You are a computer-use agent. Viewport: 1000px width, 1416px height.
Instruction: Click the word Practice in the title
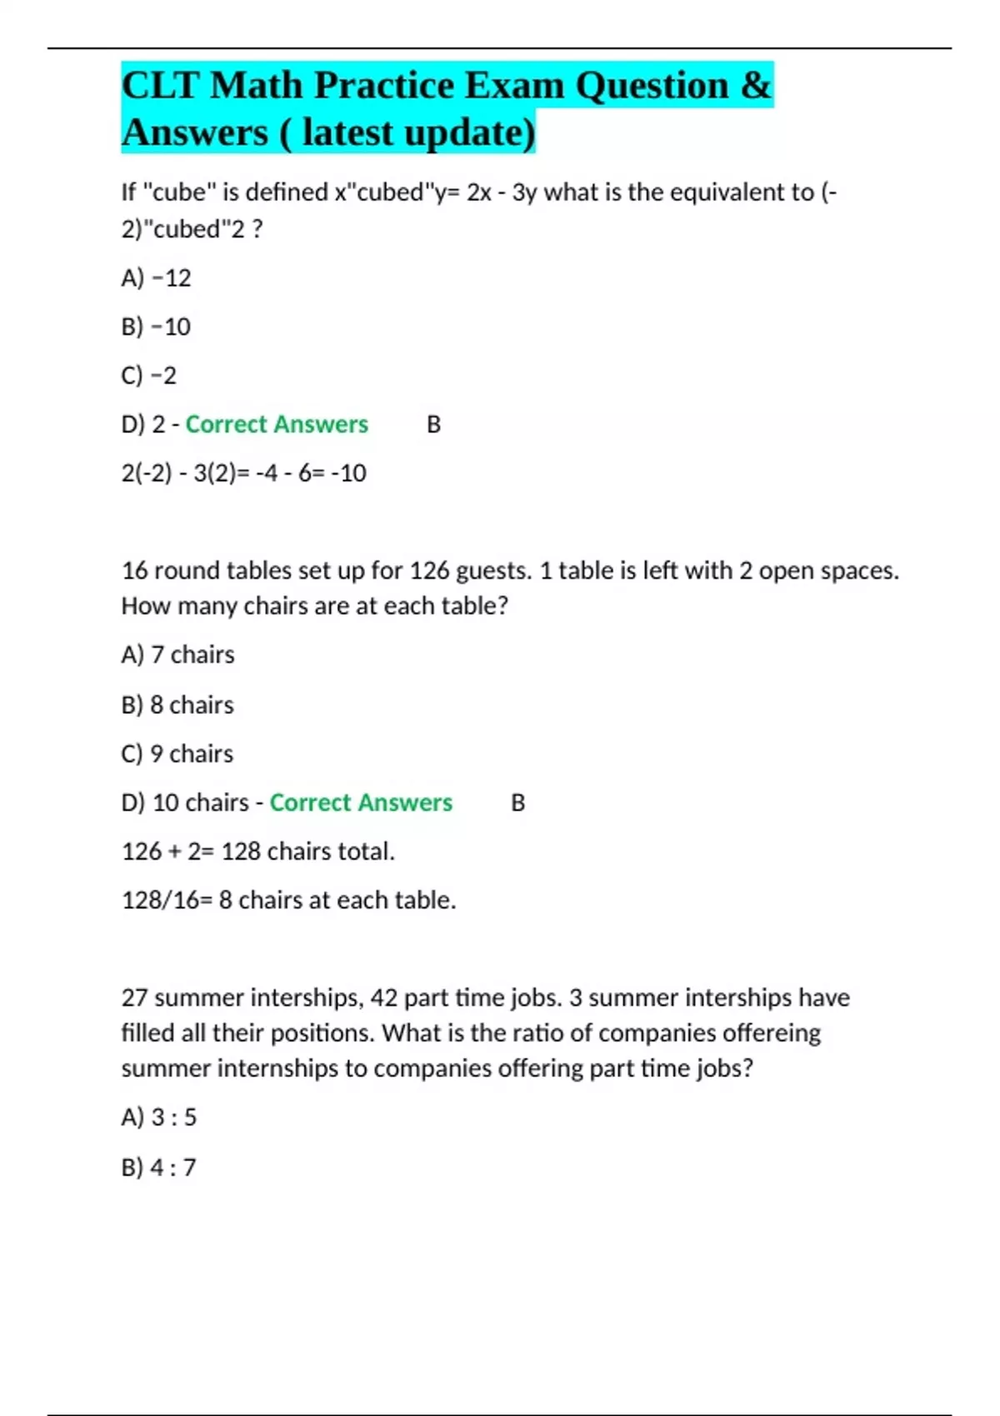pos(384,86)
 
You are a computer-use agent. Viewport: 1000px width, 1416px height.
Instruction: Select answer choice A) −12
pos(156,277)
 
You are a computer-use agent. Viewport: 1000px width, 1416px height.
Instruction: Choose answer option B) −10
pos(156,327)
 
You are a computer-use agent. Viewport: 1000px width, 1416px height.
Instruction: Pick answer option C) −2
pos(149,376)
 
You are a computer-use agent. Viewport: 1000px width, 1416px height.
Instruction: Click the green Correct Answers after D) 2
pos(277,424)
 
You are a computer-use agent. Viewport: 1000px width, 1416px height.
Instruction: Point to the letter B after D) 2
pos(433,425)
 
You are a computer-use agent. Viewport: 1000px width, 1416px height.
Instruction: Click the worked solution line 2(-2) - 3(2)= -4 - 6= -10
pos(243,473)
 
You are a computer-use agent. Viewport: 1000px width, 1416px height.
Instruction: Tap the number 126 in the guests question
pos(430,571)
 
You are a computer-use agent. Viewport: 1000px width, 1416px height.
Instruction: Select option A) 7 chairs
pos(177,655)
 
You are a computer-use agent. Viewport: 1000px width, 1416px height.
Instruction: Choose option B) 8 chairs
pos(177,705)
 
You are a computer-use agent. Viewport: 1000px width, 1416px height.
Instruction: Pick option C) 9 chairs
pos(177,754)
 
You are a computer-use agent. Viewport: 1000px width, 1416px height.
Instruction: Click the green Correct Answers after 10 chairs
pos(361,802)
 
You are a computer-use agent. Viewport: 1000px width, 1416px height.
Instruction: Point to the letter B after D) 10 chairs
pos(517,803)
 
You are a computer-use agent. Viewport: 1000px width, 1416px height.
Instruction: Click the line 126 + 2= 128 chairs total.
pos(258,851)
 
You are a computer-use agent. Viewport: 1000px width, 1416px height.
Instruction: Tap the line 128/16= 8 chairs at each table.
pos(288,900)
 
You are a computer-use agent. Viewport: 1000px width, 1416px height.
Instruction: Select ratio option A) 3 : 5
pos(159,1117)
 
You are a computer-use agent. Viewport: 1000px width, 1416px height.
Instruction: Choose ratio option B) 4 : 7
pos(159,1168)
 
